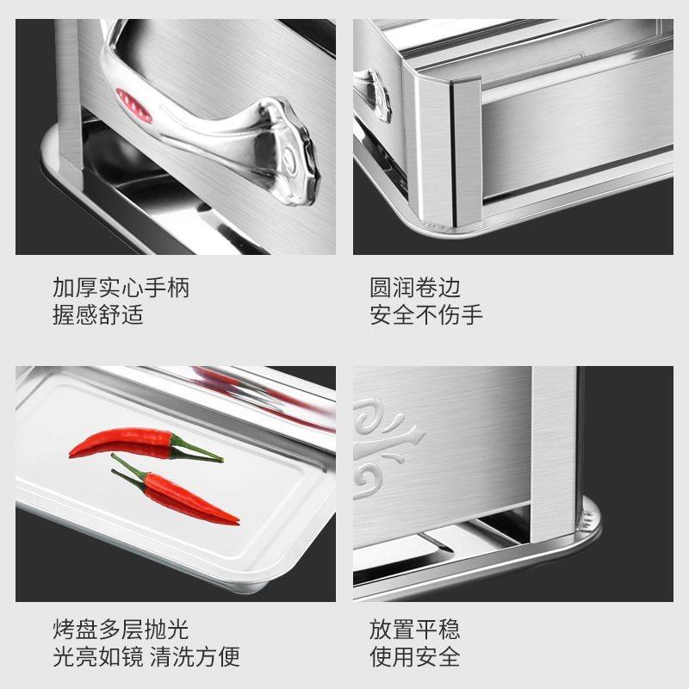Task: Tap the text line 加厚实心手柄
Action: tap(121, 287)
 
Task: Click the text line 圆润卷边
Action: tap(415, 287)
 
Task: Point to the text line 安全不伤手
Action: tap(426, 313)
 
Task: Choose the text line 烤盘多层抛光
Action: tap(121, 629)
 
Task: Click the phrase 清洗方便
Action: tap(195, 656)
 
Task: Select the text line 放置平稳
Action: tap(415, 629)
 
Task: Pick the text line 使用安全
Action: tap(415, 656)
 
